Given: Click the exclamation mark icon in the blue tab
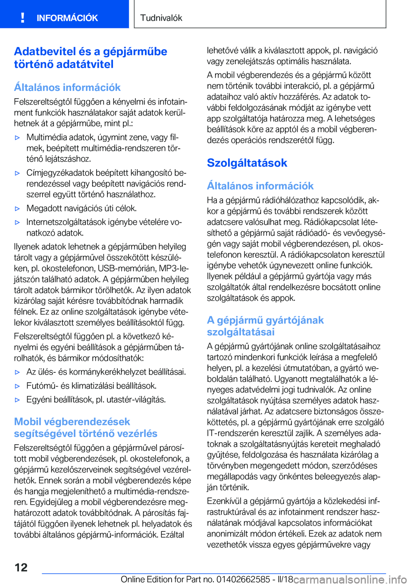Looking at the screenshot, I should [x=22, y=18].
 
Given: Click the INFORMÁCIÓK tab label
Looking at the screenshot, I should [x=67, y=18].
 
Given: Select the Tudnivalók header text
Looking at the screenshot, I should [x=161, y=18].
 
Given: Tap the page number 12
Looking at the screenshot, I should [x=21, y=567].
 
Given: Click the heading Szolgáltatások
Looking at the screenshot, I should [x=247, y=163].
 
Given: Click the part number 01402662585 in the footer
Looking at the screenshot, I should [x=243, y=579].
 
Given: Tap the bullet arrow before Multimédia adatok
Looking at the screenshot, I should [x=18, y=138].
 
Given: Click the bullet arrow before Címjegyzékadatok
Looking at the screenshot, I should [x=18, y=173].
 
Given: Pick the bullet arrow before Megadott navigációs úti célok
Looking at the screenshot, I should [x=18, y=209].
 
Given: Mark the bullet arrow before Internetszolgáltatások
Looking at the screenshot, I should [x=18, y=222].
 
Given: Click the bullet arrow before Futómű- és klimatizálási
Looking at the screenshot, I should [x=18, y=386].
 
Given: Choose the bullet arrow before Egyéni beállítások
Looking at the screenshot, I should [x=18, y=400].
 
